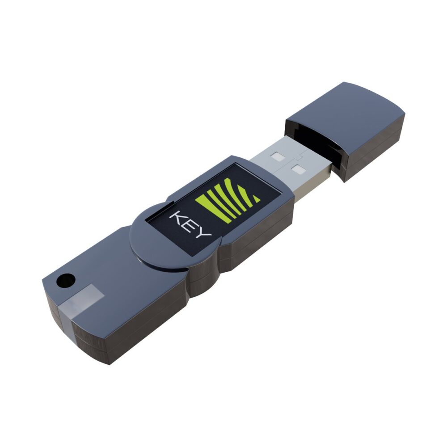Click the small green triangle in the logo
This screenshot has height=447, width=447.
[x=255, y=197]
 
